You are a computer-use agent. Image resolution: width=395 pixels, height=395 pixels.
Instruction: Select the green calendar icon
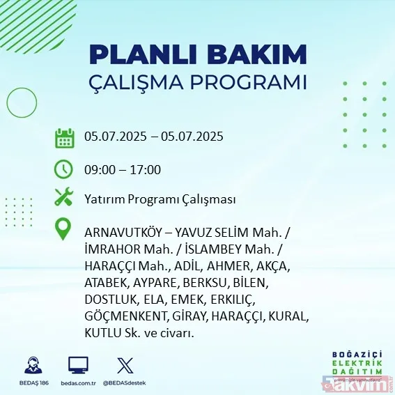pyautogui.click(x=64, y=138)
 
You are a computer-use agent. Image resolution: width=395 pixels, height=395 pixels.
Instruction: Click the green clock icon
pyautogui.click(x=64, y=169)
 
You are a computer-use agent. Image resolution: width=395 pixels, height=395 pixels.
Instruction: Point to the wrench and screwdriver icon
pyautogui.click(x=64, y=198)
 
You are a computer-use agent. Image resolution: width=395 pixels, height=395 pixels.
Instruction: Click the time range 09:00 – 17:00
pyautogui.click(x=123, y=169)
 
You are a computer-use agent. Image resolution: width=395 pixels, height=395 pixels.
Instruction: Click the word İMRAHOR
pyautogui.click(x=109, y=249)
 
